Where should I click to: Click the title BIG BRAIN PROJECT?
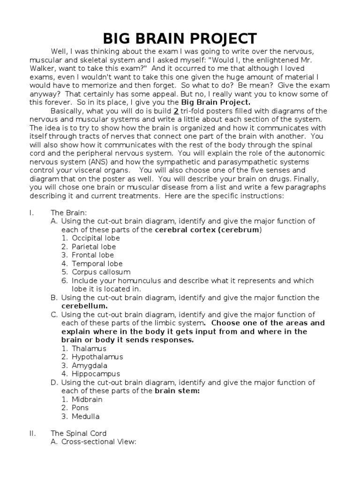coord(180,38)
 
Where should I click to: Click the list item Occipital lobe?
coord(93,238)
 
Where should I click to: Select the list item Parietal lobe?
coord(94,247)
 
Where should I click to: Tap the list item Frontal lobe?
coord(93,255)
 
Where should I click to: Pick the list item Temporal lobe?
coord(97,263)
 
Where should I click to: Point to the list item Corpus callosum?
coord(101,272)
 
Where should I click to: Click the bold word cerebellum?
coord(82,306)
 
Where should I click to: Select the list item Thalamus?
coord(89,348)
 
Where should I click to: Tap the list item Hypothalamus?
coord(97,357)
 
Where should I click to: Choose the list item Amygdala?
coord(91,365)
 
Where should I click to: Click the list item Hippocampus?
coord(96,374)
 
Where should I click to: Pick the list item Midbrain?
coord(87,399)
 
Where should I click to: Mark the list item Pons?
coord(80,408)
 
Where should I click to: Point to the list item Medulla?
coord(85,416)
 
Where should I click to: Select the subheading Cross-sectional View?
coord(98,442)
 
